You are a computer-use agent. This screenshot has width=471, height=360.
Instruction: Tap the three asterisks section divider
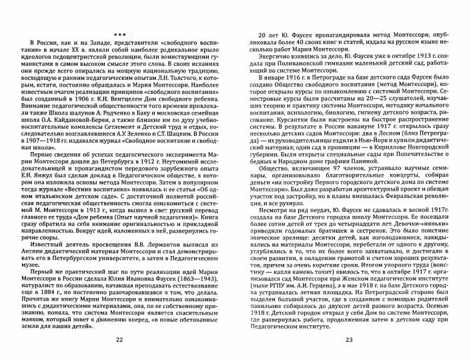[x=119, y=33]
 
